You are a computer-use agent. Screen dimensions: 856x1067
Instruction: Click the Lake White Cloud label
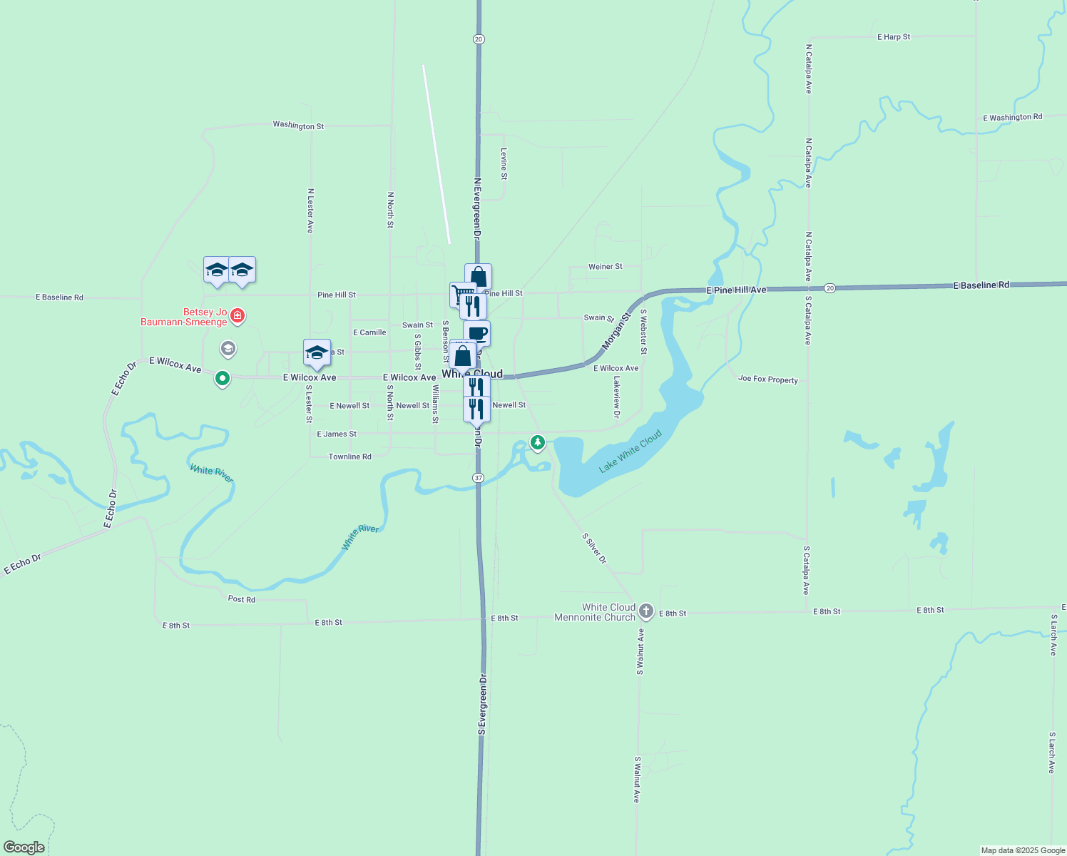coord(630,451)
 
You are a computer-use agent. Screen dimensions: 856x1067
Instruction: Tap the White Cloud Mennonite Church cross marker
coord(645,611)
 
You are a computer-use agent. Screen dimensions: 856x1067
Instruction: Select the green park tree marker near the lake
coord(538,443)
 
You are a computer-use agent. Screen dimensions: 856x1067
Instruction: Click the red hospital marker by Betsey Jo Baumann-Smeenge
coord(237,315)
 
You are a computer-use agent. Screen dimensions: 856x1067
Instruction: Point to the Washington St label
coord(298,126)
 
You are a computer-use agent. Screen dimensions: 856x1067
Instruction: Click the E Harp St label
coord(894,37)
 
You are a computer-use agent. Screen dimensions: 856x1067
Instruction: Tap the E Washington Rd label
coord(1012,118)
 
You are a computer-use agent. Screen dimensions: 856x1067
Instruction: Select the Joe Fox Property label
coord(768,379)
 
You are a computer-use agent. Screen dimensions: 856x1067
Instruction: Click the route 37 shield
coord(478,477)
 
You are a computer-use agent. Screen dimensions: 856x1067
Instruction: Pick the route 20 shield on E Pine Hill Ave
coord(829,288)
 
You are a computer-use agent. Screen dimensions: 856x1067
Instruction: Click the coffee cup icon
coord(477,333)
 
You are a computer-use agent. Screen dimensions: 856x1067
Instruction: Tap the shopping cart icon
coord(462,293)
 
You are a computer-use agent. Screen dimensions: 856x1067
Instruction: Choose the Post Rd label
coord(241,599)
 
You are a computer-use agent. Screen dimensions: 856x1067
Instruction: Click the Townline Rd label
coord(349,457)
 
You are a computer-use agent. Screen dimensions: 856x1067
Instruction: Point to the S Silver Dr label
coord(594,549)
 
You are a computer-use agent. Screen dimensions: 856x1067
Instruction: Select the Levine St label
coord(504,163)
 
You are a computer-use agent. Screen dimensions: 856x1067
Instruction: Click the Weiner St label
coord(605,267)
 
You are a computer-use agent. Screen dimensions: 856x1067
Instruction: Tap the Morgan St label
coord(616,330)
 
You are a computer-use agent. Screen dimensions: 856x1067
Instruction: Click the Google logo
coord(24,847)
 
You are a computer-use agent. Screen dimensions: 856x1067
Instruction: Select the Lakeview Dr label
coord(617,397)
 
